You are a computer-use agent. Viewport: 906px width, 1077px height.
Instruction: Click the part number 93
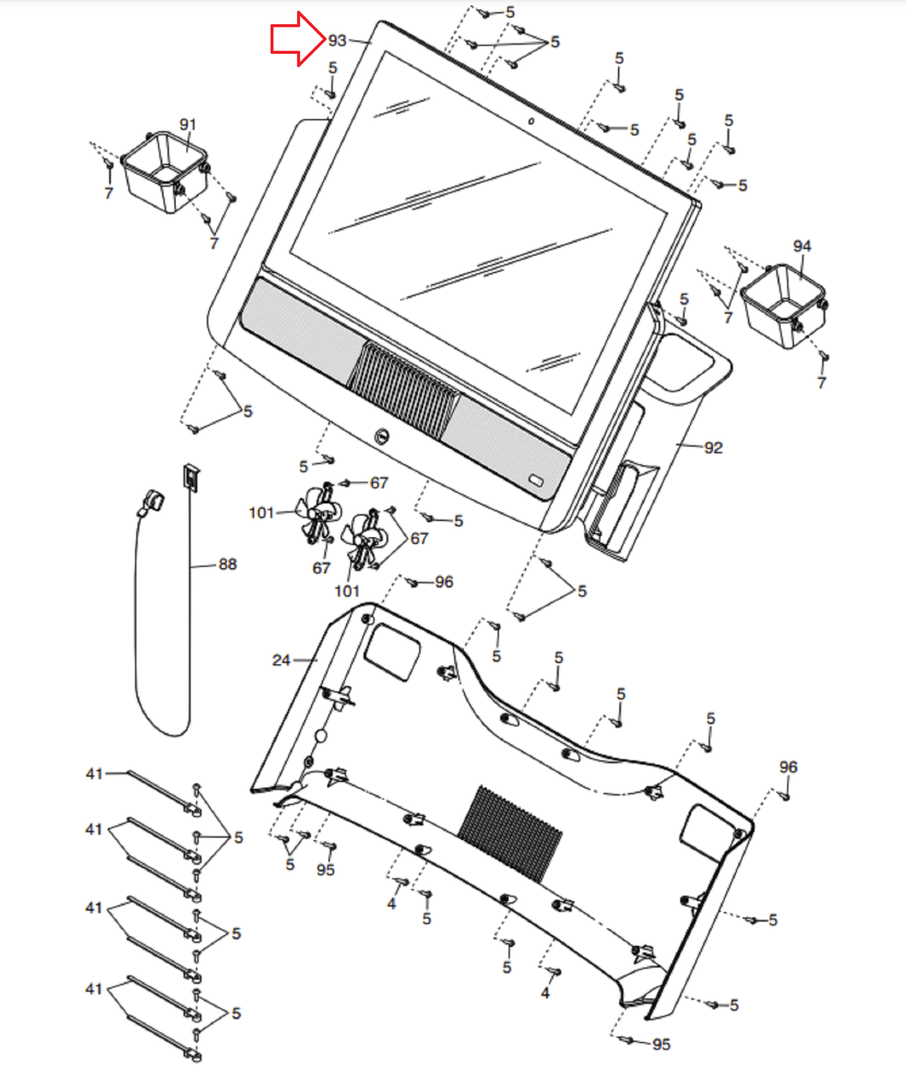[337, 41]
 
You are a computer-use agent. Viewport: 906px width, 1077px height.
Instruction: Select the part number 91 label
[188, 125]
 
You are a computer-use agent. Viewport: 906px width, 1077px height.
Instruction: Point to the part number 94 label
[802, 246]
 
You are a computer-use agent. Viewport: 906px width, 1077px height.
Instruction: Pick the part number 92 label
[713, 448]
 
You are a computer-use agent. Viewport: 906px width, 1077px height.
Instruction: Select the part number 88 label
[228, 564]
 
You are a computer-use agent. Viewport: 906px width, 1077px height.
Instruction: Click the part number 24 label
[281, 660]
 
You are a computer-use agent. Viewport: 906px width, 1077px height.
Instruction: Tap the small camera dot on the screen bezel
[531, 121]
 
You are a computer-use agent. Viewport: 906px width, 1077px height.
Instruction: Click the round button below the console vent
[382, 437]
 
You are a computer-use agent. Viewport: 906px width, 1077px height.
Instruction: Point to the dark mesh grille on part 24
[510, 833]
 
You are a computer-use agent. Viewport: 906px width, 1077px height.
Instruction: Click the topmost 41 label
[94, 773]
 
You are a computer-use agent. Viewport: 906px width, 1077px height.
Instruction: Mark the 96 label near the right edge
[788, 767]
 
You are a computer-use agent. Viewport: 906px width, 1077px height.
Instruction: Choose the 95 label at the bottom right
[661, 1044]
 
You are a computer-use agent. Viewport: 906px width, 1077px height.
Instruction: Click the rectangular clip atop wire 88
[191, 477]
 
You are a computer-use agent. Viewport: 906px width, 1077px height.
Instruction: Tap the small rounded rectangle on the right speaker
[536, 480]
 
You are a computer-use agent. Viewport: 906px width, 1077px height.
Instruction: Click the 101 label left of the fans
[261, 513]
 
